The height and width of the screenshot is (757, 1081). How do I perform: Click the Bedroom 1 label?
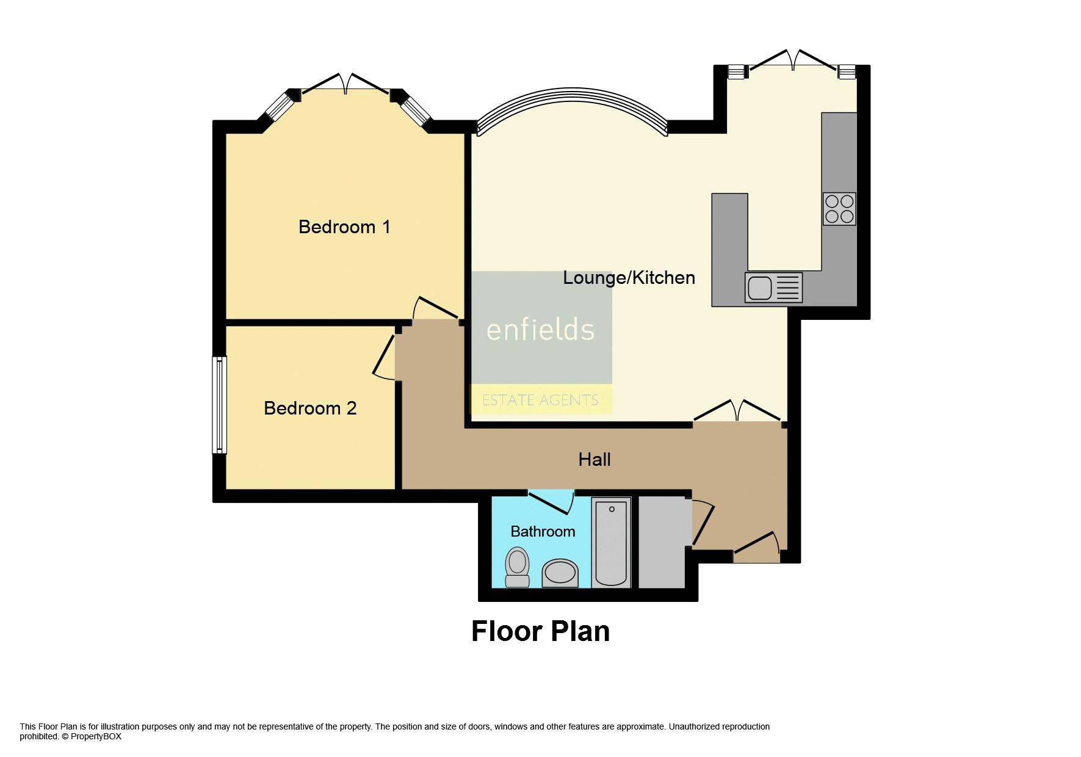pos(344,227)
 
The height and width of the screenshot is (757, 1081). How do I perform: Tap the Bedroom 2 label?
pos(309,408)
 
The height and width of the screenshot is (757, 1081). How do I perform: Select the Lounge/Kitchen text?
pos(628,278)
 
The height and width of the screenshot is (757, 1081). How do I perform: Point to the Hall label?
pos(594,460)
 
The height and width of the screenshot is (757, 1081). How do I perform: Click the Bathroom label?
pos(542,532)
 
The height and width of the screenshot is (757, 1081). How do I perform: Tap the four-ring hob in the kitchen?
pos(839,209)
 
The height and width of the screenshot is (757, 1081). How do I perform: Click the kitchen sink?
pos(773,288)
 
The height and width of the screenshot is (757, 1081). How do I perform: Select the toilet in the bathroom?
pos(518,567)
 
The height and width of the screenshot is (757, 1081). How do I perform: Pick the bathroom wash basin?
pos(560,574)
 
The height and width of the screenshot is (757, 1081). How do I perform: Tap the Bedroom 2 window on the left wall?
pos(219,405)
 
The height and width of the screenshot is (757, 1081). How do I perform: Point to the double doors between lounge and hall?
pos(737,411)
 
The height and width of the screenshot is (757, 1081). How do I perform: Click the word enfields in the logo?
pos(540,330)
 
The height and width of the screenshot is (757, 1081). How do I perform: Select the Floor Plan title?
pos(540,631)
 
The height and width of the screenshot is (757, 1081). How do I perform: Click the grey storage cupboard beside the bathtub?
pos(662,542)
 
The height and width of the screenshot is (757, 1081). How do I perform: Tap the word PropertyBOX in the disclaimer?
pos(96,736)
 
